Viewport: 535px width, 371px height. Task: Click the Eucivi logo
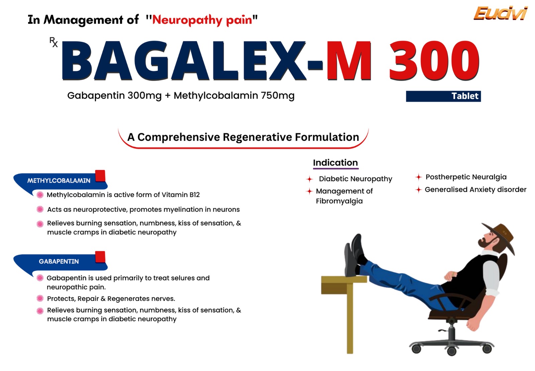500,13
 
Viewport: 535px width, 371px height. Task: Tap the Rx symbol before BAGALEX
53,42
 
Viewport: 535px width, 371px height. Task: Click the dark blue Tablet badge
443,96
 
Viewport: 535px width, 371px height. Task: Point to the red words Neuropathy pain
202,20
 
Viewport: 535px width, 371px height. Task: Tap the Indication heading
335,163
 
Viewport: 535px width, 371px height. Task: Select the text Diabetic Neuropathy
355,179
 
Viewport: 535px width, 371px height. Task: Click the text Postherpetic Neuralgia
466,177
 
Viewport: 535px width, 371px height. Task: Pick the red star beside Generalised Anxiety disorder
418,190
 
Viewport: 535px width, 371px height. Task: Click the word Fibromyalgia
339,201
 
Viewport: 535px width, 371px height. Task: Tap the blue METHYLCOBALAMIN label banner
60,181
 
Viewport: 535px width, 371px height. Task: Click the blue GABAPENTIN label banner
60,262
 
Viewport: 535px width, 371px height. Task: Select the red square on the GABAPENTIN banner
100,257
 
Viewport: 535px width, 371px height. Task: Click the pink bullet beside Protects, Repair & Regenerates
40,298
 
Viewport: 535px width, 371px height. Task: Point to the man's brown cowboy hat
499,237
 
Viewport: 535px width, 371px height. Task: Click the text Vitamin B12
181,195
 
